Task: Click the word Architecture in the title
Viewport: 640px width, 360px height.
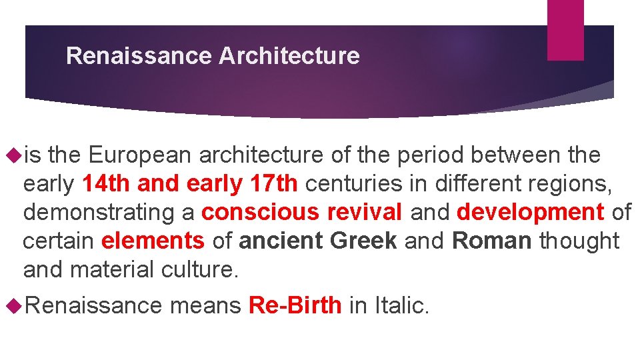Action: pyautogui.click(x=289, y=56)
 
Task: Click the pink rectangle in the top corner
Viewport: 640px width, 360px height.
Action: pyautogui.click(x=565, y=30)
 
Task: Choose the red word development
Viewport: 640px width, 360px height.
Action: pyautogui.click(x=530, y=212)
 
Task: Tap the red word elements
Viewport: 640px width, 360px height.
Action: pyautogui.click(x=153, y=241)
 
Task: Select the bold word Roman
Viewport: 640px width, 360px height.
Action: pyautogui.click(x=492, y=241)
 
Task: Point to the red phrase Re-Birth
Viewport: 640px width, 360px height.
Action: pyautogui.click(x=295, y=306)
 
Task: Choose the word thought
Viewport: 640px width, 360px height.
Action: pyautogui.click(x=579, y=241)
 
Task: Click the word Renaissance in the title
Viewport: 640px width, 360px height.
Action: pyautogui.click(x=139, y=56)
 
